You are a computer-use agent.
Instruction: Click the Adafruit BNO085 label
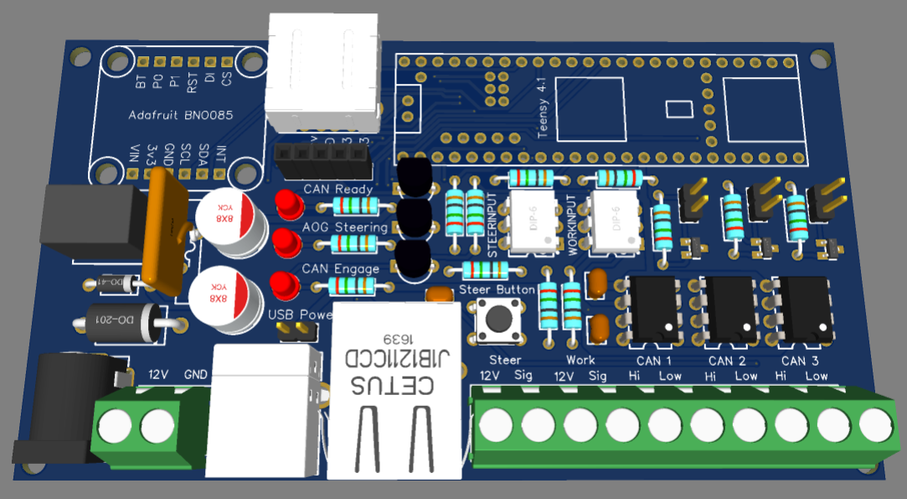(x=181, y=116)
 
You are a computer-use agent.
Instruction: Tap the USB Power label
(x=300, y=315)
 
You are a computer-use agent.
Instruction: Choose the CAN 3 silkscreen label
(x=799, y=361)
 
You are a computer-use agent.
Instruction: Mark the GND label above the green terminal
(x=196, y=374)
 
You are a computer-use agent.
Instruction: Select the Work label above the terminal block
(x=580, y=360)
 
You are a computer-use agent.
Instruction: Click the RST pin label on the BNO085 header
(x=192, y=82)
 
